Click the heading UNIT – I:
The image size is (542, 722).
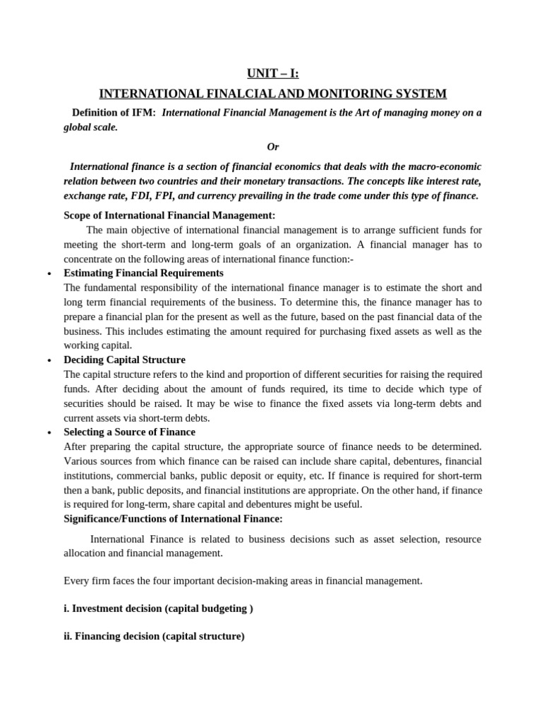pos(272,73)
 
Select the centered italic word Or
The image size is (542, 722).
pos(272,147)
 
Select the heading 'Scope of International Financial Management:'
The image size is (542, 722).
pos(169,214)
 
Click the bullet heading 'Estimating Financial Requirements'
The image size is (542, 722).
pos(143,273)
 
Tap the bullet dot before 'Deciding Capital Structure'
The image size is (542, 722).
pos(49,360)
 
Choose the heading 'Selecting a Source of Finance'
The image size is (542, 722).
pos(129,432)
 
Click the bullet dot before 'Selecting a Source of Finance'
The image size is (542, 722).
pos(49,432)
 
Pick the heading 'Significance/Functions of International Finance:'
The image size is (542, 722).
pos(173,518)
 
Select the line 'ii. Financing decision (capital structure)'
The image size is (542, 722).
pos(154,635)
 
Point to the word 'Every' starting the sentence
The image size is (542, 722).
pos(76,580)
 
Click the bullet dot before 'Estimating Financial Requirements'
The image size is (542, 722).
pos(49,274)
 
